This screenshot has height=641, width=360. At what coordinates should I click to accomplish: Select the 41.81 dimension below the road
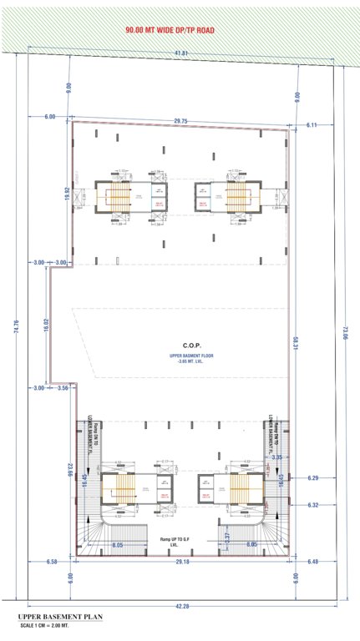(180, 54)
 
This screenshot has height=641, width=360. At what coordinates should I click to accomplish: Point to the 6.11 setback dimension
(313, 124)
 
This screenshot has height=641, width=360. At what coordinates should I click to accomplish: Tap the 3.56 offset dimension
(62, 388)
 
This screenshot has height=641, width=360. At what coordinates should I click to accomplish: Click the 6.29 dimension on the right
(313, 478)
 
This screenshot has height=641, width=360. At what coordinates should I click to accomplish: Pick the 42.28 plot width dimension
(180, 607)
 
